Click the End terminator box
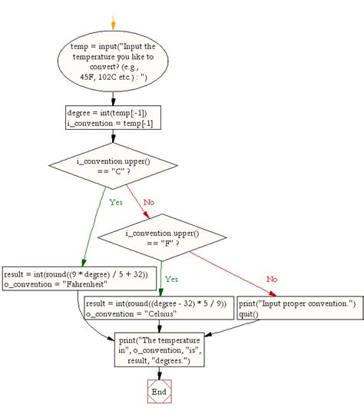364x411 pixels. tap(158, 391)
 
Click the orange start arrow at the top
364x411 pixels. tap(114, 21)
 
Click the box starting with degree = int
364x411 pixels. tap(114, 117)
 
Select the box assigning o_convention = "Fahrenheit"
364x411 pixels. tap(80, 277)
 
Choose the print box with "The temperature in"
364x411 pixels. tap(158, 349)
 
